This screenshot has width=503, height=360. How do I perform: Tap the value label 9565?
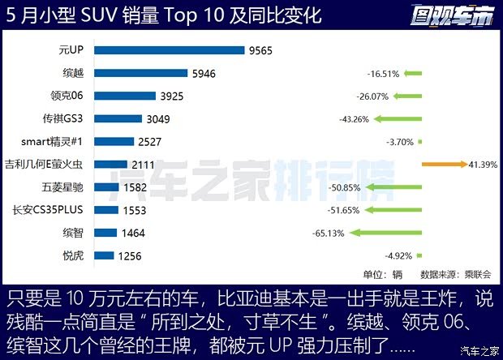[x=260, y=50]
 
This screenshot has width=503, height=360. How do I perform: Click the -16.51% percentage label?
[x=383, y=74]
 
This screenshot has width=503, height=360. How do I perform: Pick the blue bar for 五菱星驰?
[x=107, y=187]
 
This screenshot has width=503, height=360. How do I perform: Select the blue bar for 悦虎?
[x=104, y=256]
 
